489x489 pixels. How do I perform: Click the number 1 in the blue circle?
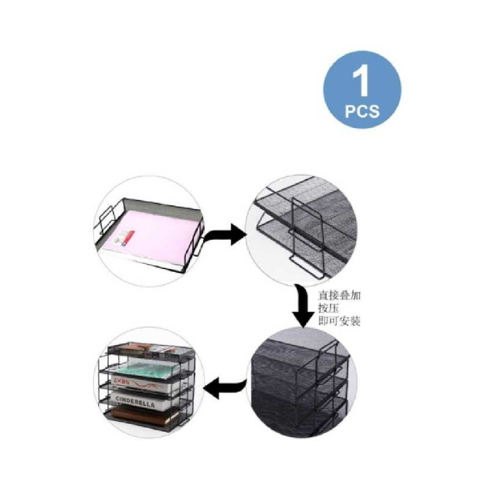(361, 82)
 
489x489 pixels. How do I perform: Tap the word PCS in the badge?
(362, 111)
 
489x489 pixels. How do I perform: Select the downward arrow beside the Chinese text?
(302, 308)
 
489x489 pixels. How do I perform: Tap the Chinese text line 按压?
(329, 308)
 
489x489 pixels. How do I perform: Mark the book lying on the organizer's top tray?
(147, 348)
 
